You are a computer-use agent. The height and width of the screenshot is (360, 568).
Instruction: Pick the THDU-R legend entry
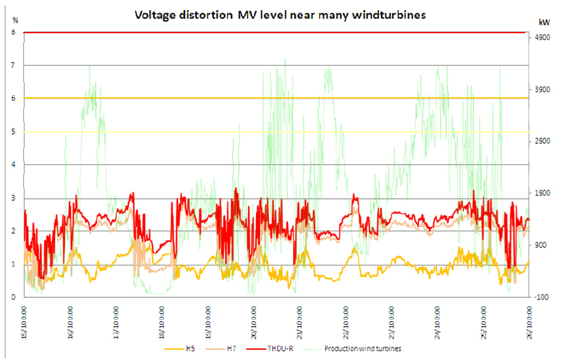tap(297, 346)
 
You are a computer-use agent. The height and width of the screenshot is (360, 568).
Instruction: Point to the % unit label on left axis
tap(16, 21)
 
